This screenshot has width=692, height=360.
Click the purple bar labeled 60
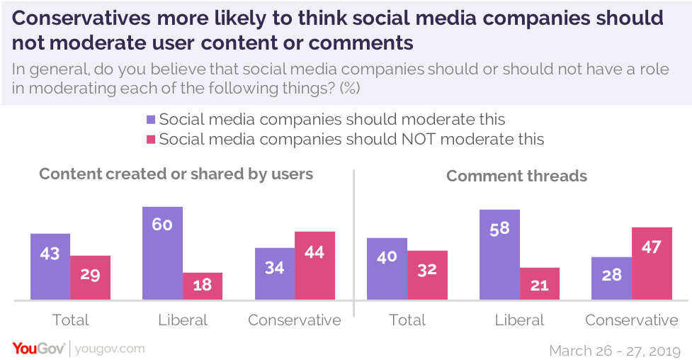coord(162,253)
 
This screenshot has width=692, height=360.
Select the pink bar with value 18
coord(203,286)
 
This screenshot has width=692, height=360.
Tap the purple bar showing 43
coord(50,266)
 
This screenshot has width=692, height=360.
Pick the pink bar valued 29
coord(91,277)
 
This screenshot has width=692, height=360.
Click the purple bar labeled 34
coord(275,274)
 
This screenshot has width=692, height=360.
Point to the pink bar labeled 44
coord(314,265)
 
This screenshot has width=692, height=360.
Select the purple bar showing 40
coord(387,269)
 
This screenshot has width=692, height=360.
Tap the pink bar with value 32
coord(427,275)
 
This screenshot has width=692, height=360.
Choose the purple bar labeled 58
coord(499,254)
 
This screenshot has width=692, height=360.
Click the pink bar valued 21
coord(540,283)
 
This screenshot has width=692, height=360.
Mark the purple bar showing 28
coord(611,278)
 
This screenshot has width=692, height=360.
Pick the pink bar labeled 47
coord(652,263)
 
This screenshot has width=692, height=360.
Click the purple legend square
coord(150,119)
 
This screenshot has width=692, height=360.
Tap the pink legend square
coord(150,139)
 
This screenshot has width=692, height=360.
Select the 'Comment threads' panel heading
coord(516,175)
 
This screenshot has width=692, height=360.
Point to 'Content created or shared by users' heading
coord(176,174)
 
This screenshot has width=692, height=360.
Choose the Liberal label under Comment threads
coord(520,320)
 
